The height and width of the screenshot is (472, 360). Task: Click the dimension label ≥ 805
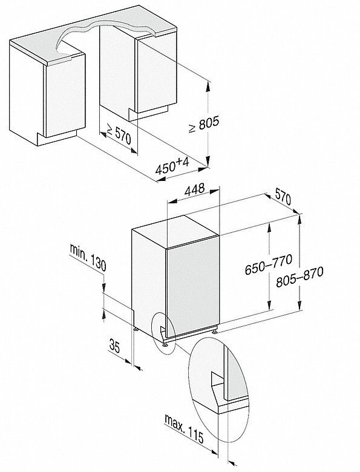click(x=204, y=124)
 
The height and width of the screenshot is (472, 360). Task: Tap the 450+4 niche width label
click(x=172, y=166)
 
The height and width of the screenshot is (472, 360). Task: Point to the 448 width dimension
click(x=194, y=189)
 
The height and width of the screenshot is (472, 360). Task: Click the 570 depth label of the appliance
click(x=283, y=197)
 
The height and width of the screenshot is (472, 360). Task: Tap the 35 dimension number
click(x=115, y=346)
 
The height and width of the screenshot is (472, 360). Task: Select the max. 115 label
click(x=184, y=428)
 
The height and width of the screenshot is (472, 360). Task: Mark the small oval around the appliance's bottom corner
click(x=164, y=333)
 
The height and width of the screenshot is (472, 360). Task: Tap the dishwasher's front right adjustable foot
click(x=214, y=331)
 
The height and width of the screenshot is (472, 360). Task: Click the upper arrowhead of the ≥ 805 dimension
click(x=208, y=87)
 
